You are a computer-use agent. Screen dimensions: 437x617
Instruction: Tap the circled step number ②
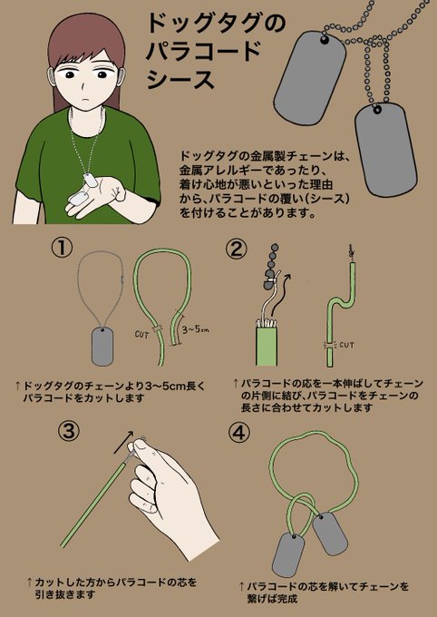[x=237, y=250]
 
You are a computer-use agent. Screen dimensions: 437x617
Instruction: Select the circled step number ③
[x=68, y=433]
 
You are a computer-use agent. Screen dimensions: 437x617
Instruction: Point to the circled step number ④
[x=238, y=433]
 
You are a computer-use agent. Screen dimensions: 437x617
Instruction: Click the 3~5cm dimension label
[x=195, y=329]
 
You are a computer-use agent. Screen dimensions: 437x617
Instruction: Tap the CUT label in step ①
[x=141, y=335]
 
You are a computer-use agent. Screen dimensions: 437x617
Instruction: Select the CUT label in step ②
[x=346, y=345]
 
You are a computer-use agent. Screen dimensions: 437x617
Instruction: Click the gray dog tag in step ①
[x=102, y=346]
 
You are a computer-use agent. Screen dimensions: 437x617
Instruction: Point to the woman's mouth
[x=84, y=99]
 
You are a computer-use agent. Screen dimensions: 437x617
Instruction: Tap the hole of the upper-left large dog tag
[x=324, y=39]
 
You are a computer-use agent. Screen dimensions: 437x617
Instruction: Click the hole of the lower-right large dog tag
[x=377, y=109]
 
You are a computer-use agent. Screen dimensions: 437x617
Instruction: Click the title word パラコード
[x=203, y=51]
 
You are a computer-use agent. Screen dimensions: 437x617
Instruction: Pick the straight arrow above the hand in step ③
[x=123, y=442]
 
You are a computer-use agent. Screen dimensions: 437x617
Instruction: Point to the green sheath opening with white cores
[x=267, y=323]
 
